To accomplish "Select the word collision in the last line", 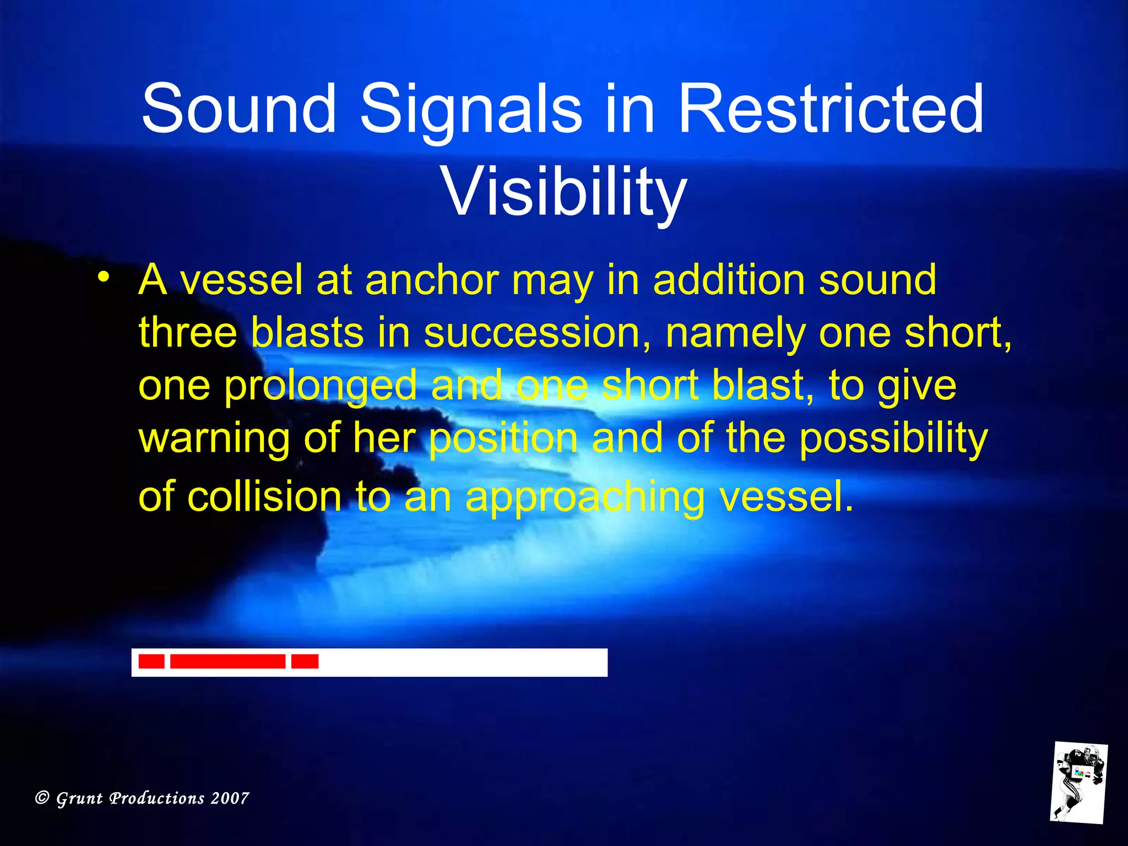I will pos(265,497).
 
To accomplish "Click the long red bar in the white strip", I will pos(227,661).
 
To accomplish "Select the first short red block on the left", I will pos(151,661).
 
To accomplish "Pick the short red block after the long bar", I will pos(305,661).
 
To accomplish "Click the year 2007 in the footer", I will pos(230,798).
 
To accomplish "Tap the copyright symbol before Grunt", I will pos(42,798).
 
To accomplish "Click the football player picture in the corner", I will pos(1078,782).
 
